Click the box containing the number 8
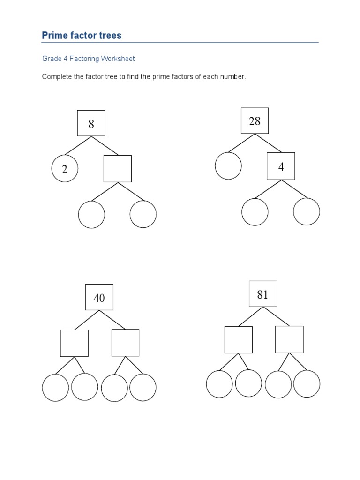[x=91, y=123]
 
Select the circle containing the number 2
[x=65, y=169]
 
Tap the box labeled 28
[x=255, y=121]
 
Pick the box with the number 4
[x=281, y=166]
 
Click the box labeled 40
[x=99, y=297]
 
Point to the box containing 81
[x=262, y=294]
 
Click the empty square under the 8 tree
[x=117, y=169]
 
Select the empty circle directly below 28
[x=228, y=165]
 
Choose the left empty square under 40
[x=74, y=343]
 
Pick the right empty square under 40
[x=125, y=343]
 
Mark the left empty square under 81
[x=238, y=340]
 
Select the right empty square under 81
[x=289, y=339]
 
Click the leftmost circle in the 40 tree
[x=55, y=388]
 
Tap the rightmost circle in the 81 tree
[x=307, y=384]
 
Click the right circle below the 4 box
[x=307, y=211]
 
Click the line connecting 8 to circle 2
[x=78, y=145]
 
